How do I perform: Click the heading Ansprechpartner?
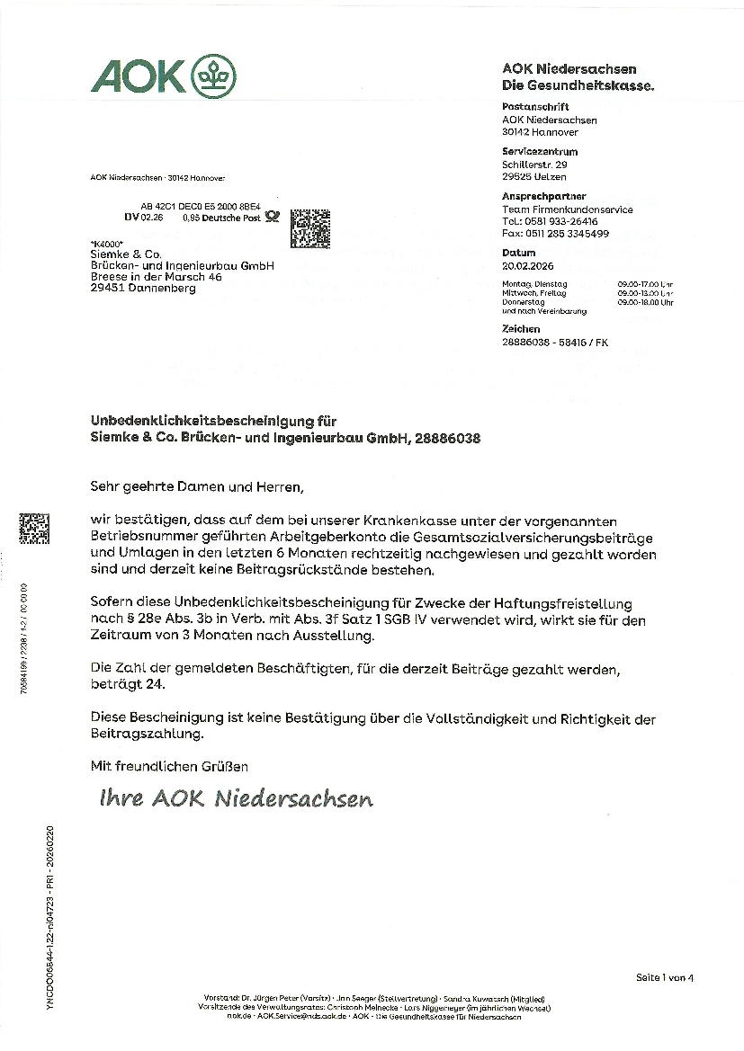[544, 196]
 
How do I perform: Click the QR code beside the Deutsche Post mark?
[309, 227]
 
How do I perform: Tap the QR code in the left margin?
[34, 528]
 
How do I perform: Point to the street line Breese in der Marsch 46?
[156, 278]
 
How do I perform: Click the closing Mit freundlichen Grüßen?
[169, 766]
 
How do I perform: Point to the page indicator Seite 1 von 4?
[665, 977]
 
